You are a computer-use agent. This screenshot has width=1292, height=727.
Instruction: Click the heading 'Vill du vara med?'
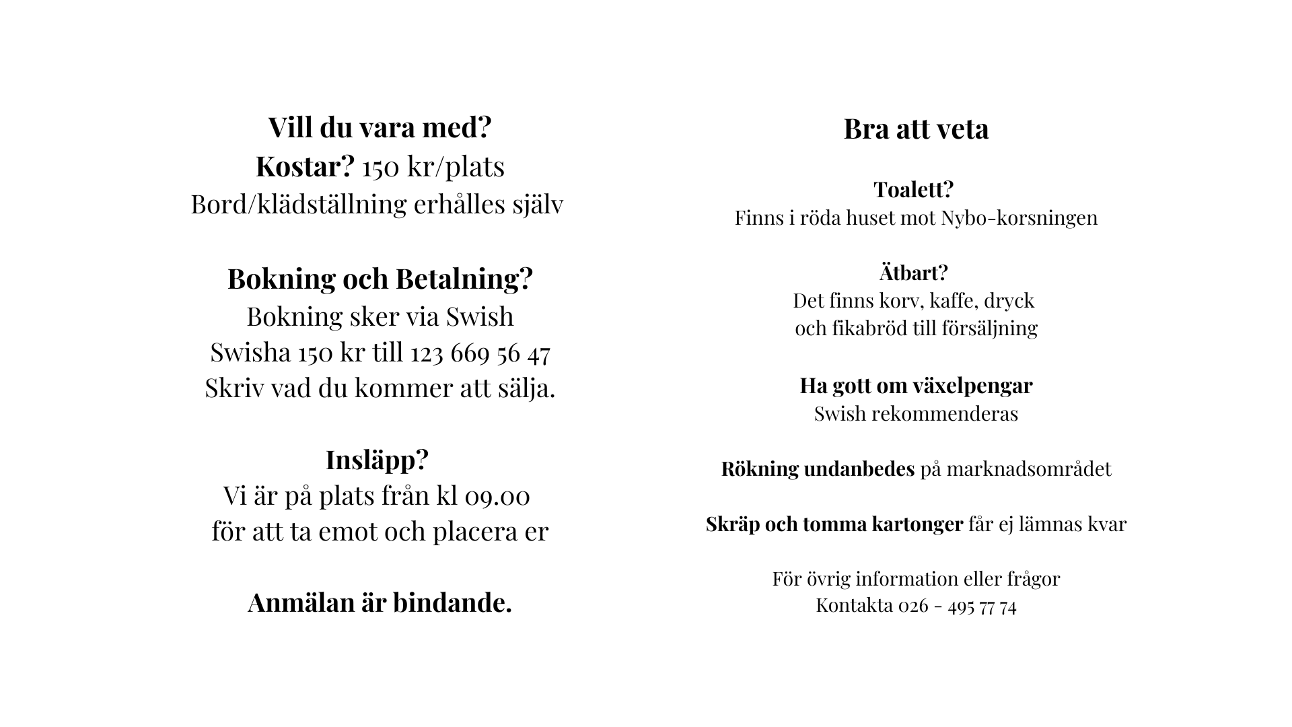click(380, 127)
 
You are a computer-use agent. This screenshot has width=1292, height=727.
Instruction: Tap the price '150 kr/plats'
click(433, 167)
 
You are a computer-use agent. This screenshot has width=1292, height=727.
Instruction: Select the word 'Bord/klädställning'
click(299, 205)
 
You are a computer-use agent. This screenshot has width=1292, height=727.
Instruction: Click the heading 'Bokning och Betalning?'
click(380, 279)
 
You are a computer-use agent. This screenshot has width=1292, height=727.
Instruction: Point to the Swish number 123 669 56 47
click(480, 353)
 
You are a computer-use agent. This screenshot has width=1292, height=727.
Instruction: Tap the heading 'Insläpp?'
click(377, 460)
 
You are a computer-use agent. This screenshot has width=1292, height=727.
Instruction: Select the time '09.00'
click(497, 496)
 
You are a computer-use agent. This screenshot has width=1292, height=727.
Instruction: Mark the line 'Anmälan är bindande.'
click(380, 602)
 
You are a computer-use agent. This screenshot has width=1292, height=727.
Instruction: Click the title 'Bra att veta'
click(916, 129)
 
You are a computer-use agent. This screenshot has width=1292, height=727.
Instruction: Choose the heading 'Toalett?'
click(913, 190)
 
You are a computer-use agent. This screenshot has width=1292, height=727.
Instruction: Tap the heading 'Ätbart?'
click(913, 273)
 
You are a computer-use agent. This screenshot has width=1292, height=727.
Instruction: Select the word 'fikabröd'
click(869, 328)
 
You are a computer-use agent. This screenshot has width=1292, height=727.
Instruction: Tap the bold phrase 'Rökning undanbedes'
click(818, 469)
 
